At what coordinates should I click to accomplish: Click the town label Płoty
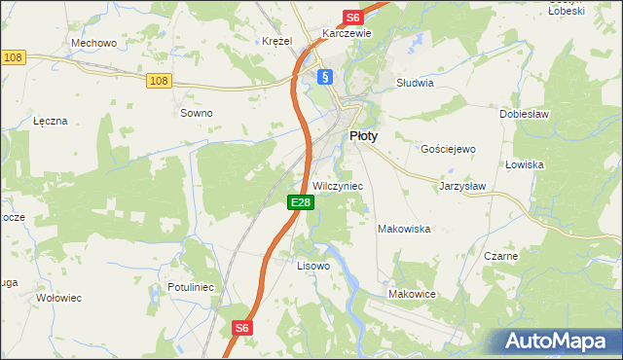pyautogui.click(x=363, y=137)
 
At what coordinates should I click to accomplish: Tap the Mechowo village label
pyautogui.click(x=94, y=43)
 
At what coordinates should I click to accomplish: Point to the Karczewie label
pyautogui.click(x=348, y=32)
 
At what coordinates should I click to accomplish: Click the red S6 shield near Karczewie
pyautogui.click(x=352, y=18)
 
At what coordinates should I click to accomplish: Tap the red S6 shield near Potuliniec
pyautogui.click(x=241, y=329)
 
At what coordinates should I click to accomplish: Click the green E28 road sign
pyautogui.click(x=300, y=202)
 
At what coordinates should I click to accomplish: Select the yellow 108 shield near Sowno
pyautogui.click(x=160, y=81)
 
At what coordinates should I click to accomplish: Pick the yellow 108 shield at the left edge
pyautogui.click(x=13, y=58)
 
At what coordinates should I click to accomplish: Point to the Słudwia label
pyautogui.click(x=415, y=83)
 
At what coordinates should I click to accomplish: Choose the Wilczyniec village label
pyautogui.click(x=338, y=185)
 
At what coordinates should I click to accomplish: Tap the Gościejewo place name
pyautogui.click(x=447, y=149)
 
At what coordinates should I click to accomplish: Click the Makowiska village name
pyautogui.click(x=404, y=229)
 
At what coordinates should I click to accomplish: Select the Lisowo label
pyautogui.click(x=313, y=265)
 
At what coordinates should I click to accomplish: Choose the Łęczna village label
pyautogui.click(x=50, y=121)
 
